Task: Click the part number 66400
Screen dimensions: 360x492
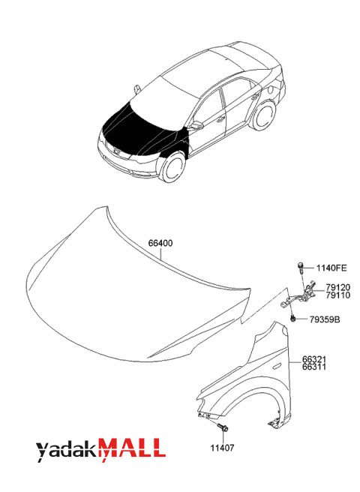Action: click(x=160, y=243)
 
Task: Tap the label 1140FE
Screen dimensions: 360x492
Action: click(x=331, y=268)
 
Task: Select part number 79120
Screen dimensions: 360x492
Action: click(x=337, y=287)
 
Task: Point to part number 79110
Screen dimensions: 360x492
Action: click(x=337, y=295)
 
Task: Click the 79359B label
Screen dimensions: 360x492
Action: click(x=325, y=319)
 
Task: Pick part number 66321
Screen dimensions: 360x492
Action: click(x=314, y=359)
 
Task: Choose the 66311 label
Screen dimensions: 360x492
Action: click(x=314, y=367)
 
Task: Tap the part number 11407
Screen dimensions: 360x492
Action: click(x=222, y=448)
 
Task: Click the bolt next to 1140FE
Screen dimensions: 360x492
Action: click(x=300, y=269)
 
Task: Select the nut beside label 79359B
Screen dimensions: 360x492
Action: click(x=292, y=319)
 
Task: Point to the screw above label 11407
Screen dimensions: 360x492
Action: click(x=223, y=427)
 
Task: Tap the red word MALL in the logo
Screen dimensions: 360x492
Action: click(x=133, y=446)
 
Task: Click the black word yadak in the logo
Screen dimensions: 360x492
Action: click(x=67, y=451)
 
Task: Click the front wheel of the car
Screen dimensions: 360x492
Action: click(x=172, y=166)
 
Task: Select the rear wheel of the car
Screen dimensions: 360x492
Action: click(x=263, y=115)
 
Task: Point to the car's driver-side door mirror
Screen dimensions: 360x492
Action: click(x=196, y=126)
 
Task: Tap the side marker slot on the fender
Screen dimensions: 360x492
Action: click(x=277, y=366)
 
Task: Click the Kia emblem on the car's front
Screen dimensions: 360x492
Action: click(x=117, y=152)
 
